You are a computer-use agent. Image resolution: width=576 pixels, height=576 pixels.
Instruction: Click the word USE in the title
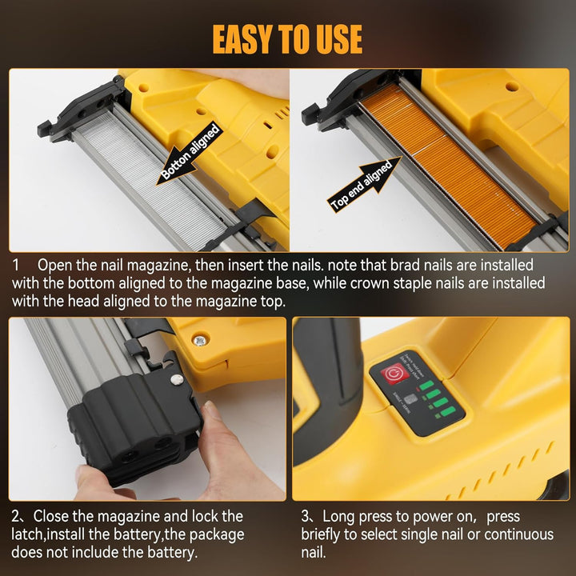pyautogui.click(x=336, y=38)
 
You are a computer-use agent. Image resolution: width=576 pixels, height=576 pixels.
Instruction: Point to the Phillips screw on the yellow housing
pyautogui.click(x=198, y=341)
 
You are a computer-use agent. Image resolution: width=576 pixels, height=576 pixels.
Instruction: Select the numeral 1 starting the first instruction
pyautogui.click(x=16, y=264)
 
